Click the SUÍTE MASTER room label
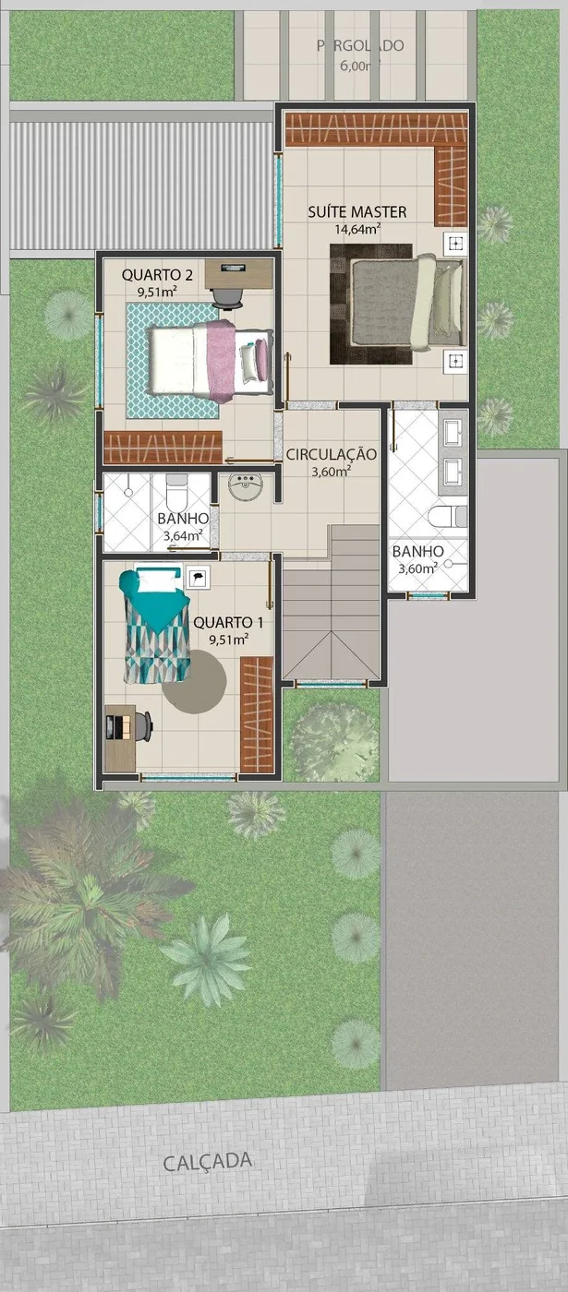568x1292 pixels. pos(357,212)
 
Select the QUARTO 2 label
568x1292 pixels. pos(157,274)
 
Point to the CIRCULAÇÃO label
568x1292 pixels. pos(331,454)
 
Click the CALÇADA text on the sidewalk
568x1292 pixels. pos(207,1162)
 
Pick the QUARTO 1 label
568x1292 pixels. pos(228,622)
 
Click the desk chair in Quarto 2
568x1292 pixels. pos(226,295)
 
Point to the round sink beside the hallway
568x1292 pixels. pos(246,487)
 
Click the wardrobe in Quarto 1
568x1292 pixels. pos(257,713)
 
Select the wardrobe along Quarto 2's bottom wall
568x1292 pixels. pos(162,448)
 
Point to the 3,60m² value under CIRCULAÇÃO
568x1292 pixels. pos(331,472)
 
